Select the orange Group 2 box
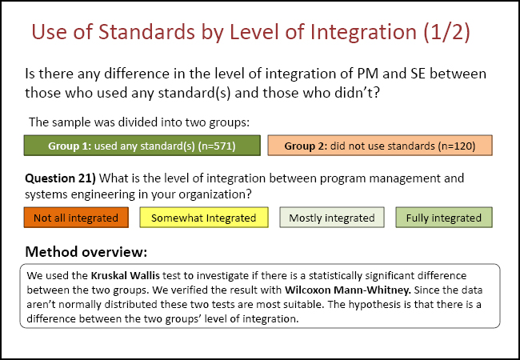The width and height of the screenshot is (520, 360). click(379, 146)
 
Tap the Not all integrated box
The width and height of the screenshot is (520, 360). click(76, 218)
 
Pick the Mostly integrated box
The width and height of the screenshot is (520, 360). click(331, 218)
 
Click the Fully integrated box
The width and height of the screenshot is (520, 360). click(443, 218)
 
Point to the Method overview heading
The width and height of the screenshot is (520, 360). click(86, 252)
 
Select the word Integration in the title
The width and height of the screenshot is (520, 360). click(350, 33)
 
